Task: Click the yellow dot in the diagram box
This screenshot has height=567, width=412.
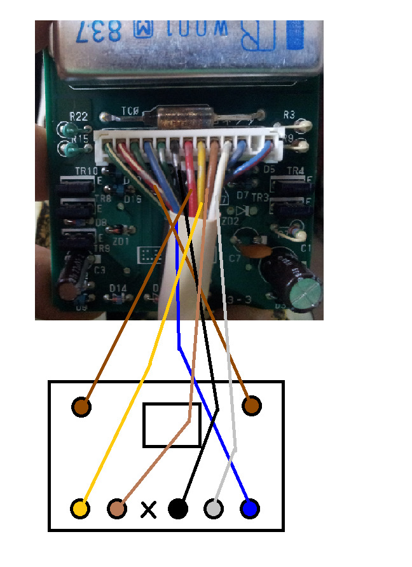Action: (x=80, y=509)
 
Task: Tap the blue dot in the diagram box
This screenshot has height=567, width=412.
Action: (x=249, y=509)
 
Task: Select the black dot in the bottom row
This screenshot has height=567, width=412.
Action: (x=178, y=509)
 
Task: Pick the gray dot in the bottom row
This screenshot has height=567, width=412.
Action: (x=214, y=509)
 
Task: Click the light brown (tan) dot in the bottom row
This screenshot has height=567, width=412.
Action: (x=117, y=509)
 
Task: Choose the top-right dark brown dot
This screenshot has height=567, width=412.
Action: (x=251, y=405)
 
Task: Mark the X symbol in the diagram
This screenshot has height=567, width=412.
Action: (x=148, y=509)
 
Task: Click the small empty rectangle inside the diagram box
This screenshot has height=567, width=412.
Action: (x=172, y=425)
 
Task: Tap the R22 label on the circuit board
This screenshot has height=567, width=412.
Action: (x=79, y=116)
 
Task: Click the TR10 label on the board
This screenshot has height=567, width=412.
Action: (x=86, y=171)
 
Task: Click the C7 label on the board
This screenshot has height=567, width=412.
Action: (x=235, y=258)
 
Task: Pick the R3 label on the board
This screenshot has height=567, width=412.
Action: (x=289, y=115)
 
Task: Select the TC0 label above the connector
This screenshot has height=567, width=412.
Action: (x=130, y=112)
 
